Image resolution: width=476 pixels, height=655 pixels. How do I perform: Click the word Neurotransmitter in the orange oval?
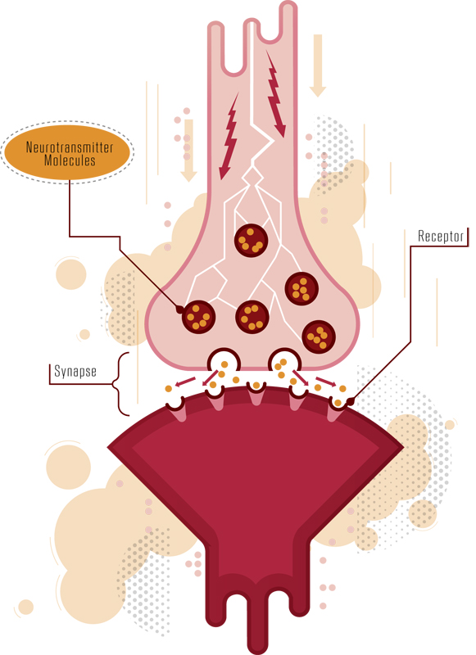point(70,147)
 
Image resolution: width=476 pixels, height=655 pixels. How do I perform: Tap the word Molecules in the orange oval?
point(70,160)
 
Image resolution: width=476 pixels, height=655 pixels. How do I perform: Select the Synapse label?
point(75,371)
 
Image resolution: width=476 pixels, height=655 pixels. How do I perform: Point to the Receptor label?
point(441,236)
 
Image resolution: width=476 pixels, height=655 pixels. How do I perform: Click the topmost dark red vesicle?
point(251,240)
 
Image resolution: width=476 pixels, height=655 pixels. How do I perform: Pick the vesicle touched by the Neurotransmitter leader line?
point(198,317)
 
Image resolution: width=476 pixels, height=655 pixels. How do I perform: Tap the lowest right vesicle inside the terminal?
point(319,337)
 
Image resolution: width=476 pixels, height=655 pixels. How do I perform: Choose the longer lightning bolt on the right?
point(276,94)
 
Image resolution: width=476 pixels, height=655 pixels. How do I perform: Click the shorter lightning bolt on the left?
point(229,136)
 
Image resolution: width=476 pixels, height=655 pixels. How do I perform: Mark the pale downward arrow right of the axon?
point(318,65)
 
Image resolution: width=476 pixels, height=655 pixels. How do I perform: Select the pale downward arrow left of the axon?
point(188,151)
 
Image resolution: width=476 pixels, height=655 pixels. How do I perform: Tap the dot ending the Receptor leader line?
point(350,402)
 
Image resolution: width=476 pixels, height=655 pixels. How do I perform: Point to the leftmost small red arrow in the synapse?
point(185,382)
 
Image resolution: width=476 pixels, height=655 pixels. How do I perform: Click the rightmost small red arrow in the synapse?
point(326,382)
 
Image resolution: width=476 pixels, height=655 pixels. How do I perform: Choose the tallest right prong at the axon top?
point(288,21)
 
